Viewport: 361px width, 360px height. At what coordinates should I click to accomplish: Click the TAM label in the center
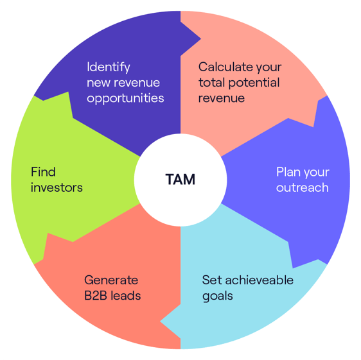tap(180, 179)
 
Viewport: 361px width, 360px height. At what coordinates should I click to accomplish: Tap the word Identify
tap(109, 67)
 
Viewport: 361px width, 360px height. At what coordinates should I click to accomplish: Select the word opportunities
tap(125, 98)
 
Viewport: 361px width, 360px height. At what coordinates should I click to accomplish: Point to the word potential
tap(254, 83)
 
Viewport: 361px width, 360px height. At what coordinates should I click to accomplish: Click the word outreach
tap(303, 188)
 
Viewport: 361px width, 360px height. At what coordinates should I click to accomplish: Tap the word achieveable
tap(260, 280)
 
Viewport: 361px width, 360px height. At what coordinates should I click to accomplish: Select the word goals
tap(218, 296)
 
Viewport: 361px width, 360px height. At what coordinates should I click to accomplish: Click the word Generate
tap(111, 280)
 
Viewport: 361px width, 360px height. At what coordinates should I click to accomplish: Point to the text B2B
tap(96, 296)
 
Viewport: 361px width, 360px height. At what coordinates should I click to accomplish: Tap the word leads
tap(126, 296)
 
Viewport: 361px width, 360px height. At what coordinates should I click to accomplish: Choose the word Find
tap(43, 172)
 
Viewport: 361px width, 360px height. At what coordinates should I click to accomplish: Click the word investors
tap(57, 188)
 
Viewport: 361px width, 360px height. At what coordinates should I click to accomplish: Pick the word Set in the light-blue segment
tap(212, 280)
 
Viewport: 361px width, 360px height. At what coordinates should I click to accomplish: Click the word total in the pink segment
tap(211, 83)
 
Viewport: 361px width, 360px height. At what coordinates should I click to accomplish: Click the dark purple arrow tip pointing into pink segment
tap(200, 39)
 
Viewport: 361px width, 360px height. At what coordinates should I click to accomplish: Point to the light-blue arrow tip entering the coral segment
tap(161, 321)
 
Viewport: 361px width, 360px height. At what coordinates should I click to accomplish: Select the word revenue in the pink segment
tap(222, 99)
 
